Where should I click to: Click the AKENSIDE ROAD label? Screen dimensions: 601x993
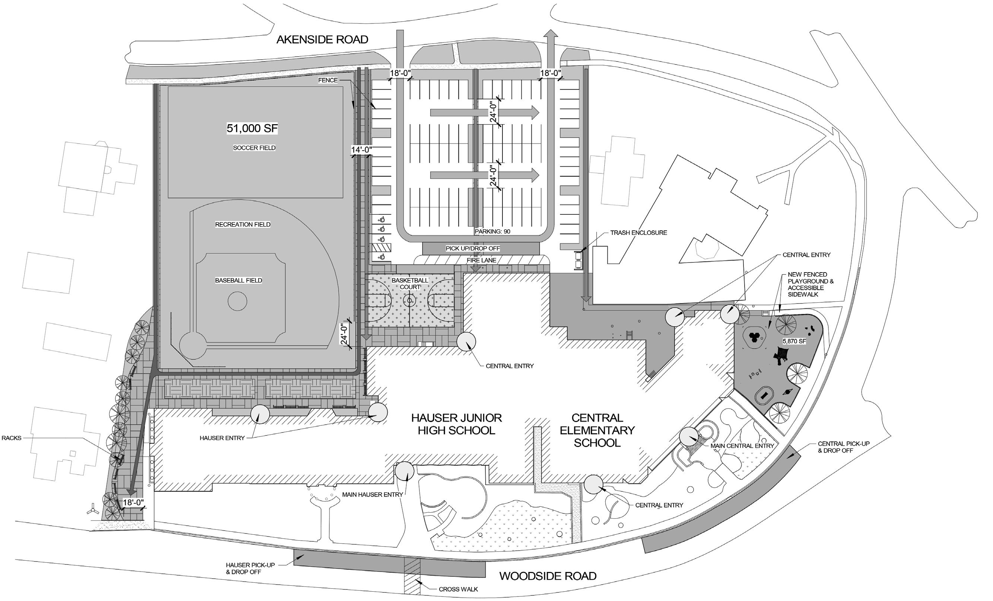pyautogui.click(x=322, y=40)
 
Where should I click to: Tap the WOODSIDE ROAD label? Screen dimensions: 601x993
pyautogui.click(x=548, y=576)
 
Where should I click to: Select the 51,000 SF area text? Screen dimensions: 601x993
pyautogui.click(x=252, y=128)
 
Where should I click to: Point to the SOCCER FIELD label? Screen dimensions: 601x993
pyautogui.click(x=254, y=148)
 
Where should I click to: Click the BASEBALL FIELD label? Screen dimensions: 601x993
pyautogui.click(x=239, y=280)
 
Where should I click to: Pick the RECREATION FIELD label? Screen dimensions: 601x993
pyautogui.click(x=242, y=225)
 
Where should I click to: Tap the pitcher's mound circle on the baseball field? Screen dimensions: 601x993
pyautogui.click(x=237, y=301)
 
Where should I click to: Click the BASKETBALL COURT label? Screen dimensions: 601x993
pyautogui.click(x=410, y=284)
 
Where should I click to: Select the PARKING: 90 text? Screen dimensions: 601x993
pyautogui.click(x=492, y=232)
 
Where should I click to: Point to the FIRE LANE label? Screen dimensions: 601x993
pyautogui.click(x=482, y=261)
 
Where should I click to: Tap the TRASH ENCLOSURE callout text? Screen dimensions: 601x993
pyautogui.click(x=638, y=233)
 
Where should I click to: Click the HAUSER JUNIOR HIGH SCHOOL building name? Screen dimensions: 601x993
pyautogui.click(x=456, y=424)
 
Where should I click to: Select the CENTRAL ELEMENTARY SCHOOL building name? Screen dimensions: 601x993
pyautogui.click(x=597, y=430)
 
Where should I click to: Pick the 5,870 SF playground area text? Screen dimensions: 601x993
pyautogui.click(x=794, y=341)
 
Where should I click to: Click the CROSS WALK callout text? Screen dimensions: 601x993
pyautogui.click(x=458, y=589)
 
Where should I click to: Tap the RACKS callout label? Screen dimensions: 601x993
pyautogui.click(x=11, y=438)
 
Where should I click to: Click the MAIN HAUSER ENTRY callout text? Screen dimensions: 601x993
pyautogui.click(x=372, y=494)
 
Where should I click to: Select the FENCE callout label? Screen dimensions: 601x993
pyautogui.click(x=328, y=80)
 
